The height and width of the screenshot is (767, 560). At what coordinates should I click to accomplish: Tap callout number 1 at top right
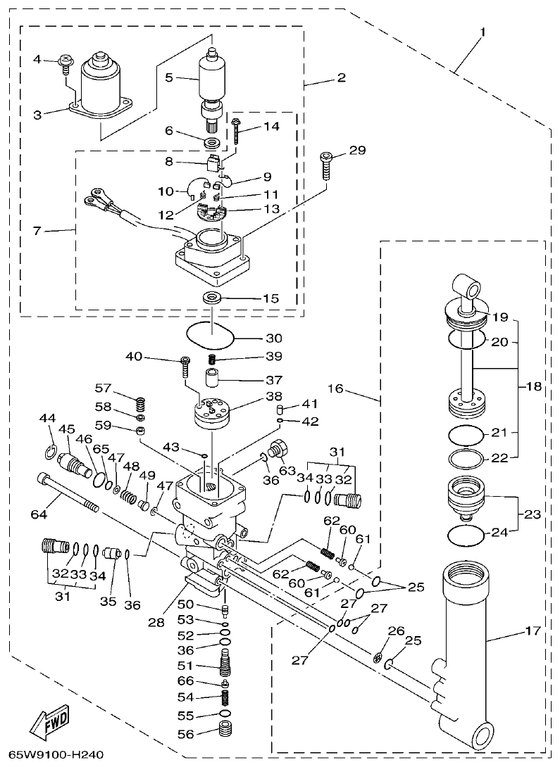(483, 33)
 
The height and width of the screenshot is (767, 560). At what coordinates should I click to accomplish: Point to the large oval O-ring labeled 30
(209, 337)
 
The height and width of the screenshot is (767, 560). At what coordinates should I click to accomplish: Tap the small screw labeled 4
(64, 63)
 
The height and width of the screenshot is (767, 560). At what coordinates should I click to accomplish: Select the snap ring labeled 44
(50, 450)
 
